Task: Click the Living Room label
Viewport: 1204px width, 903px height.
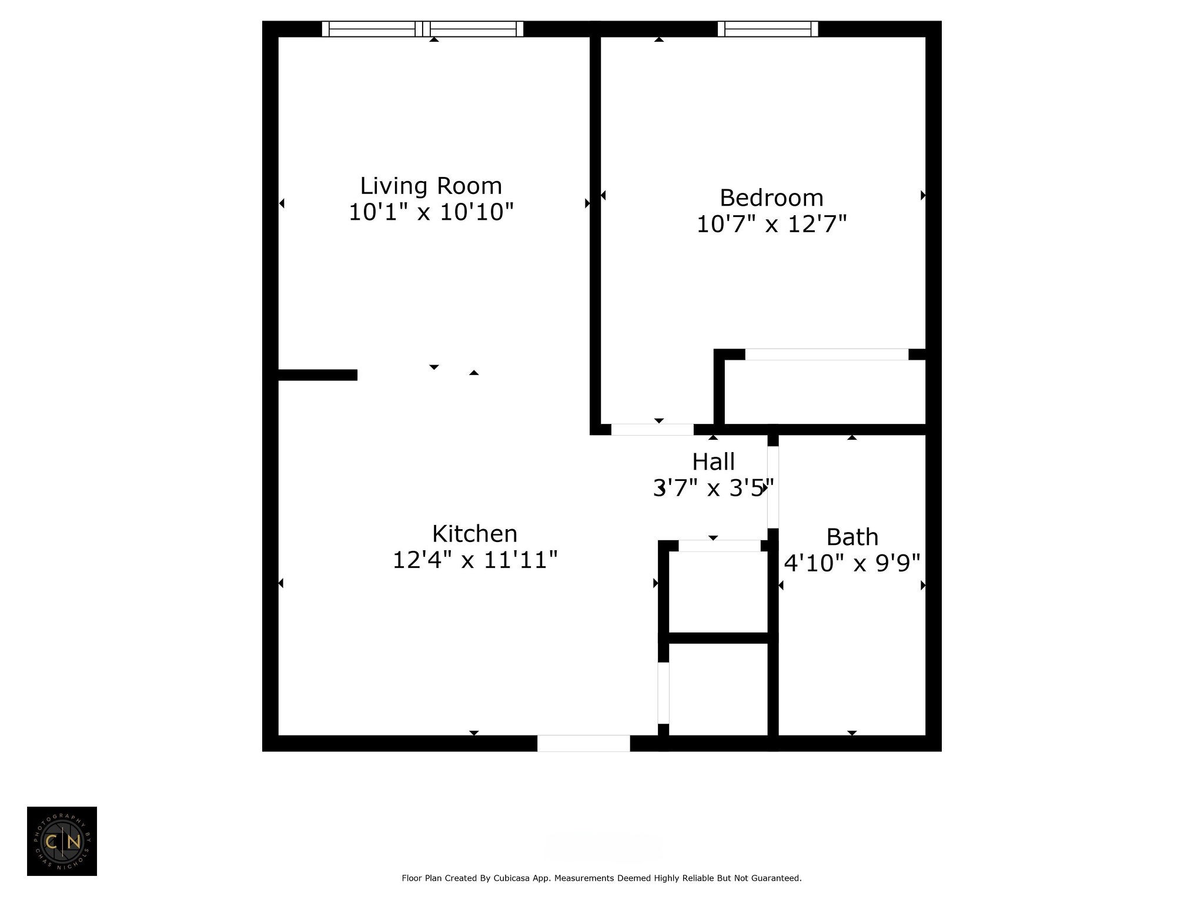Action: point(431,186)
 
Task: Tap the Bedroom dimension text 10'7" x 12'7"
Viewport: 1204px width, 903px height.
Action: point(771,224)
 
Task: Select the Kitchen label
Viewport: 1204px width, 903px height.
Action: point(474,534)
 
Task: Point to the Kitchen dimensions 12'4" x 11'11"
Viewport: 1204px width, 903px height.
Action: point(474,560)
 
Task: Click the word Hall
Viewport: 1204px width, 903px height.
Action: point(713,462)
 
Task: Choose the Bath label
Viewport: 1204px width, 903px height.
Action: point(852,537)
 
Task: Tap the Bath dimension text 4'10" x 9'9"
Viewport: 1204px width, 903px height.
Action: point(852,563)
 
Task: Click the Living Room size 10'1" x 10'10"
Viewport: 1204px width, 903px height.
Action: point(431,212)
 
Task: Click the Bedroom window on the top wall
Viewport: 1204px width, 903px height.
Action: point(768,29)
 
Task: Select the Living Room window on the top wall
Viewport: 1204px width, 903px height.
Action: point(423,29)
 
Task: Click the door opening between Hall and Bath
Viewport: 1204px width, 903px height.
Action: point(773,487)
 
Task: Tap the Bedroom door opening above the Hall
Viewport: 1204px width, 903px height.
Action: point(653,430)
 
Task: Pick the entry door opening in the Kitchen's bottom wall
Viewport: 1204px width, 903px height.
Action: point(584,743)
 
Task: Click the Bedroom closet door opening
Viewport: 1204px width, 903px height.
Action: point(827,354)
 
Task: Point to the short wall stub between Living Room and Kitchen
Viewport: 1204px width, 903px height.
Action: point(317,375)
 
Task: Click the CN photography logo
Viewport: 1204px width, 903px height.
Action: point(62,841)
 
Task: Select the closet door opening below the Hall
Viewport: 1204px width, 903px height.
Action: point(720,546)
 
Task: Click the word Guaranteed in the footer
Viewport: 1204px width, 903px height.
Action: point(776,878)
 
